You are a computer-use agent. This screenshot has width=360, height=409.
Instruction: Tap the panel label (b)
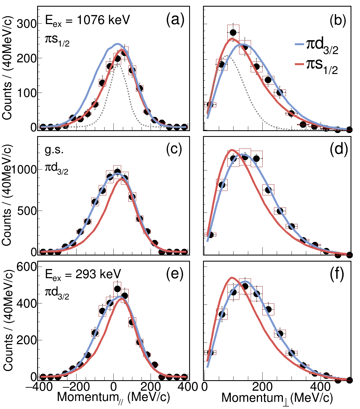pyautogui.click(x=338, y=21)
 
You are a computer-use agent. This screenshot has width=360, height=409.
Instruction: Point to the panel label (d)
pyautogui.click(x=338, y=150)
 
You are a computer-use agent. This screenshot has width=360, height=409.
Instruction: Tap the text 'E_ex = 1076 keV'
pyautogui.click(x=87, y=21)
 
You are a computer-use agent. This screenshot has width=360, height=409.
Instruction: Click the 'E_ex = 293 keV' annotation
pyautogui.click(x=83, y=274)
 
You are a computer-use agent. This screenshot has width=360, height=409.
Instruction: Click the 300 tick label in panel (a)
pyautogui.click(x=27, y=24)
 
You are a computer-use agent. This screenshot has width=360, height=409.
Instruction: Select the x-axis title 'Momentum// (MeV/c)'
pyautogui.click(x=113, y=398)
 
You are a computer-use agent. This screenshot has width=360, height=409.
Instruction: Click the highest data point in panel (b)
pyautogui.click(x=233, y=33)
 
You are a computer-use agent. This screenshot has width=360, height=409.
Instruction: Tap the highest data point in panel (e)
pyautogui.click(x=117, y=289)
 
